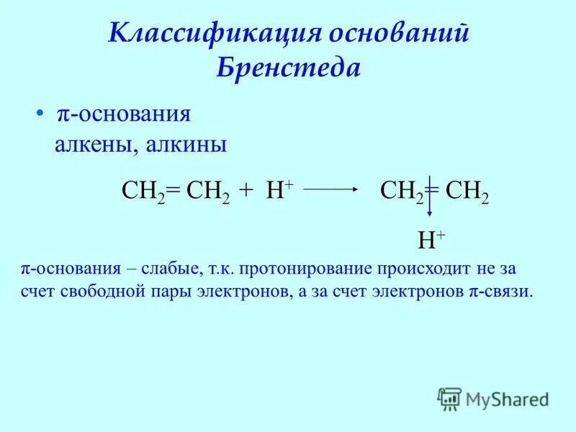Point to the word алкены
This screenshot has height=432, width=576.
[x=96, y=145]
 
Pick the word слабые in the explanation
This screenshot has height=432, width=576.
[x=166, y=271]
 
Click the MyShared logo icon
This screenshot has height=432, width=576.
[x=450, y=398]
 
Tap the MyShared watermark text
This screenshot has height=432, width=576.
[x=507, y=399]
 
